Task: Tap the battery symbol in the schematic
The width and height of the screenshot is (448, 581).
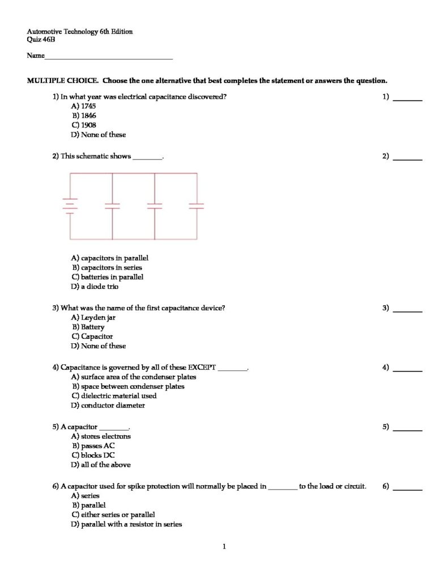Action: click(x=70, y=206)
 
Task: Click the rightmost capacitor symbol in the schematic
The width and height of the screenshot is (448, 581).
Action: click(x=197, y=206)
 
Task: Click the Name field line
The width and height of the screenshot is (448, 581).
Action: click(x=108, y=58)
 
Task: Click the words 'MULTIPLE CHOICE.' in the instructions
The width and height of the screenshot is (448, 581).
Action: click(x=62, y=81)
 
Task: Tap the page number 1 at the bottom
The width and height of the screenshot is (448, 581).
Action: click(x=224, y=547)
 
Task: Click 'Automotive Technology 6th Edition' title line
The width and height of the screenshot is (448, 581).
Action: click(x=79, y=31)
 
